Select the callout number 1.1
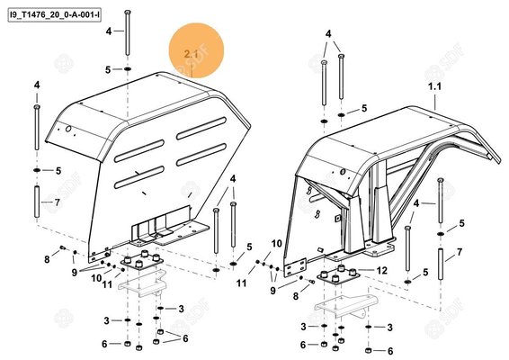[435, 85]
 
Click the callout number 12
[381, 270]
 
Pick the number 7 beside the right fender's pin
[460, 254]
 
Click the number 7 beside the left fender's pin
[58, 202]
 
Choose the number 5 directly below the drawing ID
[107, 69]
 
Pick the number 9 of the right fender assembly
[272, 280]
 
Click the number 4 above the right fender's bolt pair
[328, 34]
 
